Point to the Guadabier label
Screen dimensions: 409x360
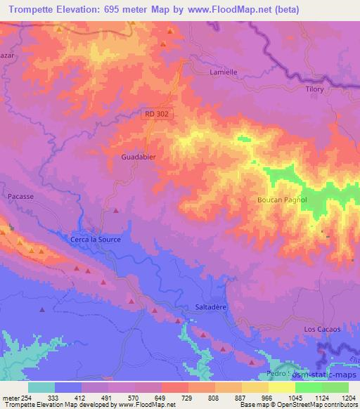(138, 157)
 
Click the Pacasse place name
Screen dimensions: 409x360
(20, 197)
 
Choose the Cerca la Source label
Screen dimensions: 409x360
(96, 240)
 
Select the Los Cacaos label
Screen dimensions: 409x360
(322, 329)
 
